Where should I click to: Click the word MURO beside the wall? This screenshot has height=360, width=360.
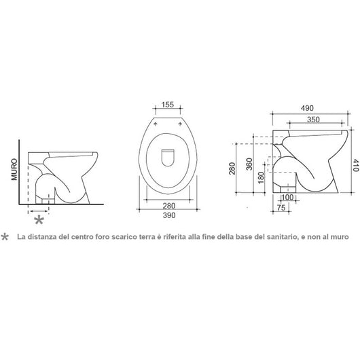[14, 169]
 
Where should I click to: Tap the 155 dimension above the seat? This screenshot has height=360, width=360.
[168, 105]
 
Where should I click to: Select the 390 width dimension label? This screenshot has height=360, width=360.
[169, 215]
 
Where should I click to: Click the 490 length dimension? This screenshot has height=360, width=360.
[307, 108]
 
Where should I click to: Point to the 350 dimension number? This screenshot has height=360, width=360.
[313, 120]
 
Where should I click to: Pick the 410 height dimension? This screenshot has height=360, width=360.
[355, 165]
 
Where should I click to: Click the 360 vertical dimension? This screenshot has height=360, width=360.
[249, 164]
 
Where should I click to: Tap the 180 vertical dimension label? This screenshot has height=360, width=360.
[261, 177]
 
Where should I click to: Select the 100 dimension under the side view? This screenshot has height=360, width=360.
[287, 197]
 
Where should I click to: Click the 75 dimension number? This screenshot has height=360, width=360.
[281, 208]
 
